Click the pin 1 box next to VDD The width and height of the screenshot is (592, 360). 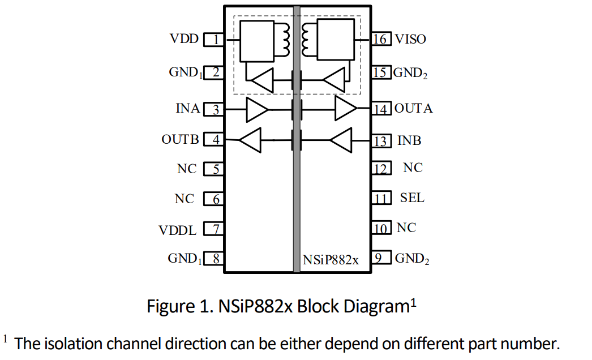(x=213, y=40)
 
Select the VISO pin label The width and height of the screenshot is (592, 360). (x=410, y=39)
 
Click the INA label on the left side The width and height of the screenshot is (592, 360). (x=188, y=109)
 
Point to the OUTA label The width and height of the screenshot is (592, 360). (x=413, y=109)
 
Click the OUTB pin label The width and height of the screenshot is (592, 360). (x=180, y=139)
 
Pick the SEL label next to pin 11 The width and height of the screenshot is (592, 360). (x=411, y=198)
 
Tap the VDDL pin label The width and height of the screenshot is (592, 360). (x=178, y=230)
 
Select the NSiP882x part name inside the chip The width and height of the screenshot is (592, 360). (x=331, y=260)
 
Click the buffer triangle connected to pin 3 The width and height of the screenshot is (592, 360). (x=257, y=109)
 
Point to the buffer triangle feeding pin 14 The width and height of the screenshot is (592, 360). (x=345, y=109)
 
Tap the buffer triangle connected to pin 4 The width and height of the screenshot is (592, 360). (x=250, y=140)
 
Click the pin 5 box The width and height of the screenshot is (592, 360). (x=213, y=169)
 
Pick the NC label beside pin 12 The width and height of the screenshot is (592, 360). (x=413, y=168)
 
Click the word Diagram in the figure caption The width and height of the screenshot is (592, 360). (x=373, y=306)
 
